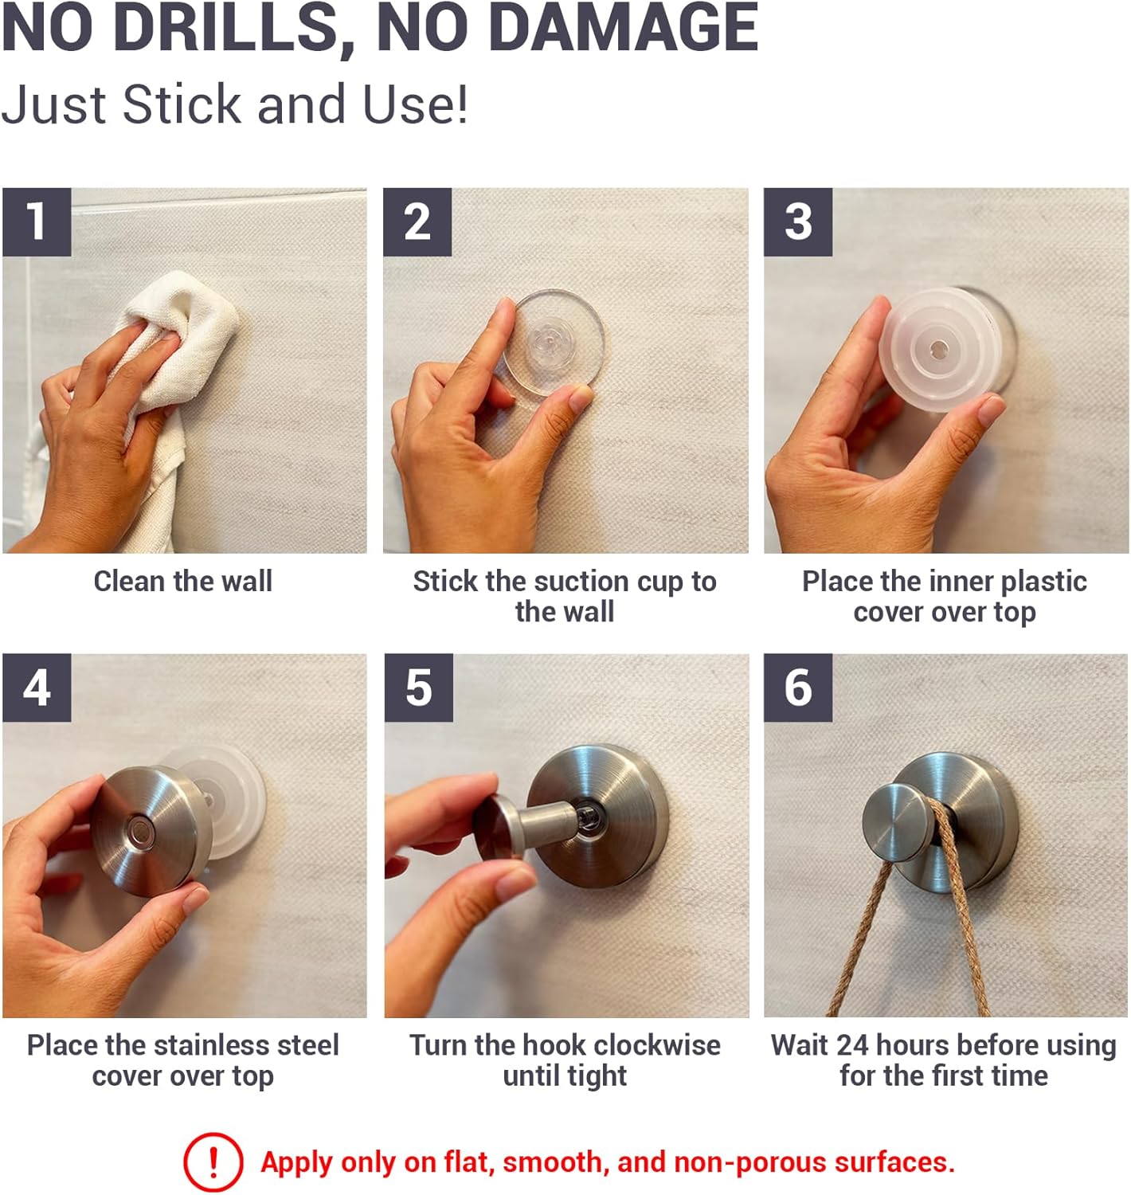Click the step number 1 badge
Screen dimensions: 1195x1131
point(37,222)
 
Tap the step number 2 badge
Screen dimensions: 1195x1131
point(417,222)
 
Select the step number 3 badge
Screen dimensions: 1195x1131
point(798,222)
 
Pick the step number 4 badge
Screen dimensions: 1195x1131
point(37,688)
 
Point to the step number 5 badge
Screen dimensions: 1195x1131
point(419,688)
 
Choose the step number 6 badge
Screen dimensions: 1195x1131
point(798,688)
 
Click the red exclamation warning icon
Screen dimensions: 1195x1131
point(213,1162)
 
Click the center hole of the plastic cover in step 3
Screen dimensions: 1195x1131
point(938,349)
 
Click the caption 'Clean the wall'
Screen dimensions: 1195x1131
point(182,582)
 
